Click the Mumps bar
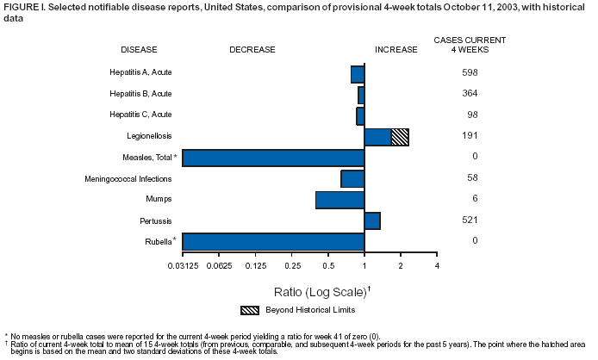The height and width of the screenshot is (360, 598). click(339, 200)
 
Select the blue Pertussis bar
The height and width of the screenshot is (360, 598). click(372, 220)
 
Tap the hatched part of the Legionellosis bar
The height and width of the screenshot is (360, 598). click(400, 136)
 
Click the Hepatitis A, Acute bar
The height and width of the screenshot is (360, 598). click(358, 74)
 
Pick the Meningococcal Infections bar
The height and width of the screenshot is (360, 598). click(352, 178)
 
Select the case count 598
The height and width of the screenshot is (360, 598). click(470, 72)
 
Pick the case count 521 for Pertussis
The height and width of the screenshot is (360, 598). click(470, 220)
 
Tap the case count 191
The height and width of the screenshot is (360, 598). click(470, 136)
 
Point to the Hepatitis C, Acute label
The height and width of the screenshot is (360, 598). click(141, 115)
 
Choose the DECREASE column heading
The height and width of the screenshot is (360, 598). click(252, 50)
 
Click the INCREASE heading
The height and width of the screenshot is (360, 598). click(396, 50)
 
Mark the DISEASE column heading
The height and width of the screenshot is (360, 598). click(139, 50)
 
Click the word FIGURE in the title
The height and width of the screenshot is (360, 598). click(21, 7)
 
